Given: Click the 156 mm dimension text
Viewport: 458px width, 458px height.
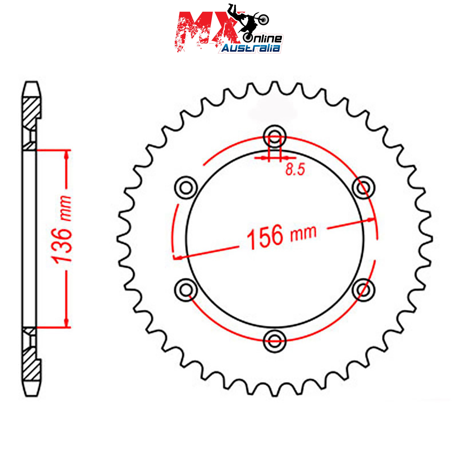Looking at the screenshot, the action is coord(281,236).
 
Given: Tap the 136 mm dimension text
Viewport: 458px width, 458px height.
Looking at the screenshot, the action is coord(61,229).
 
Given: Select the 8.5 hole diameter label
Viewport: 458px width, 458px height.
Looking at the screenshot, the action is coord(295,169).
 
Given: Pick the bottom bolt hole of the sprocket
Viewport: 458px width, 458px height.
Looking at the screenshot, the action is coord(275,341).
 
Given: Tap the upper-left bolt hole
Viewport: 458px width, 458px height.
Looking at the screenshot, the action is coord(186,188).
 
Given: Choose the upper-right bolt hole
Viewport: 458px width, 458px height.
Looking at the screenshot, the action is coord(363,188).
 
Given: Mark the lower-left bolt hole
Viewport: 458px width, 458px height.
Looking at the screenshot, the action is coord(186,290).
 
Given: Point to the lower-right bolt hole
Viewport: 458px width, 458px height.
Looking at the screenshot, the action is coord(363,290).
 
